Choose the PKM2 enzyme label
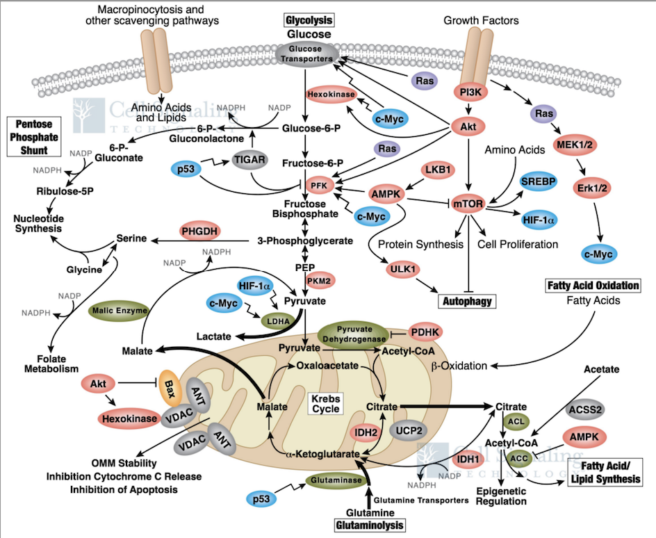click(x=321, y=280)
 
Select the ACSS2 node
click(x=586, y=411)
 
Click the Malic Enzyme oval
click(x=117, y=311)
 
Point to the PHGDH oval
click(x=200, y=231)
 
